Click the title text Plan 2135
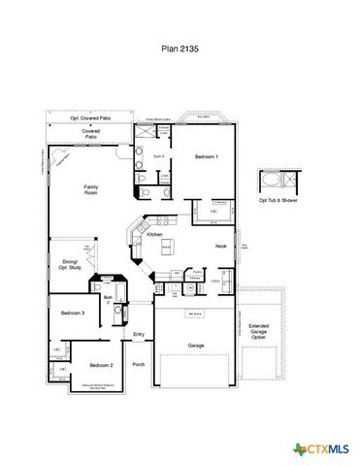tap(180, 45)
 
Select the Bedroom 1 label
tap(206, 156)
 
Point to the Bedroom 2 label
tap(102, 365)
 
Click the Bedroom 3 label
tap(73, 314)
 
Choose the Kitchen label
tap(153, 235)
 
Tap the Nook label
tap(220, 246)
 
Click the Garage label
tap(195, 345)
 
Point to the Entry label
tap(139, 335)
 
